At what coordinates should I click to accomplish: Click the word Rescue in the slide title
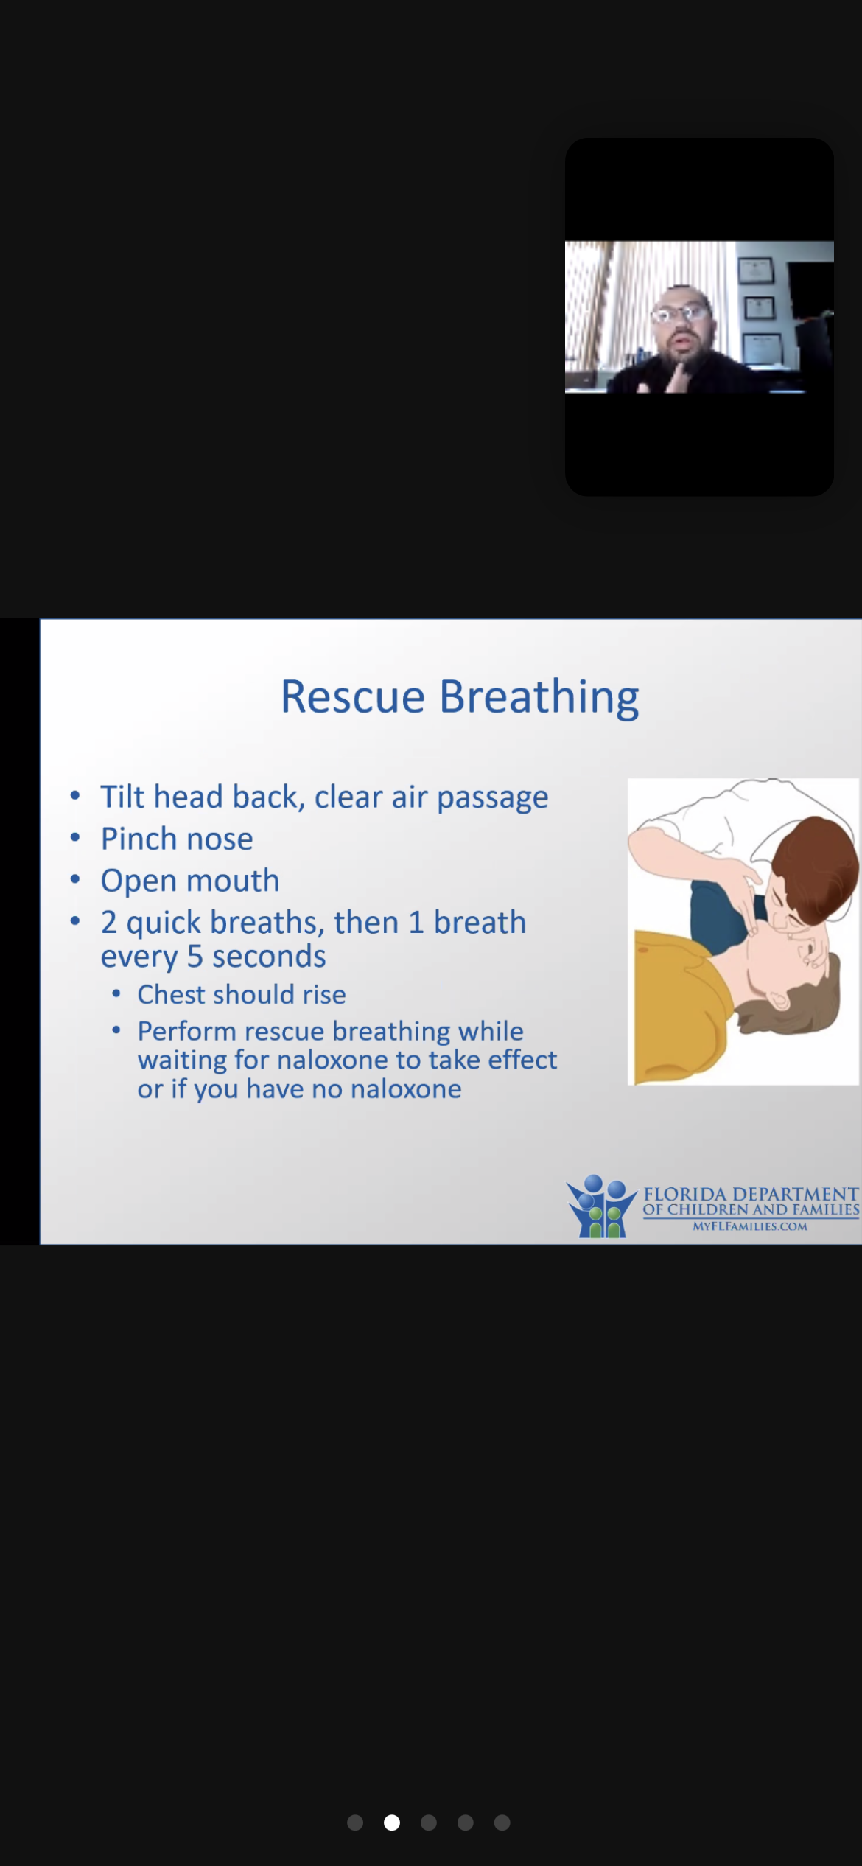(353, 697)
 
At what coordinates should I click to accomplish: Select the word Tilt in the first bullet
(123, 797)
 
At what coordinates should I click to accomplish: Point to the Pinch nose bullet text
(177, 839)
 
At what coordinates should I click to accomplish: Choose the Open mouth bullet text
(190, 881)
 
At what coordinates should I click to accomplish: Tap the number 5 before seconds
(195, 957)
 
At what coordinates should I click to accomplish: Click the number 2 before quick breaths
(109, 923)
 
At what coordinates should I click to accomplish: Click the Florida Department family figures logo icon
(601, 1206)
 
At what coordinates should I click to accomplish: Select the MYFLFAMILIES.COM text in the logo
(750, 1226)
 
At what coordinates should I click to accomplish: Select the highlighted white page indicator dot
(392, 1823)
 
